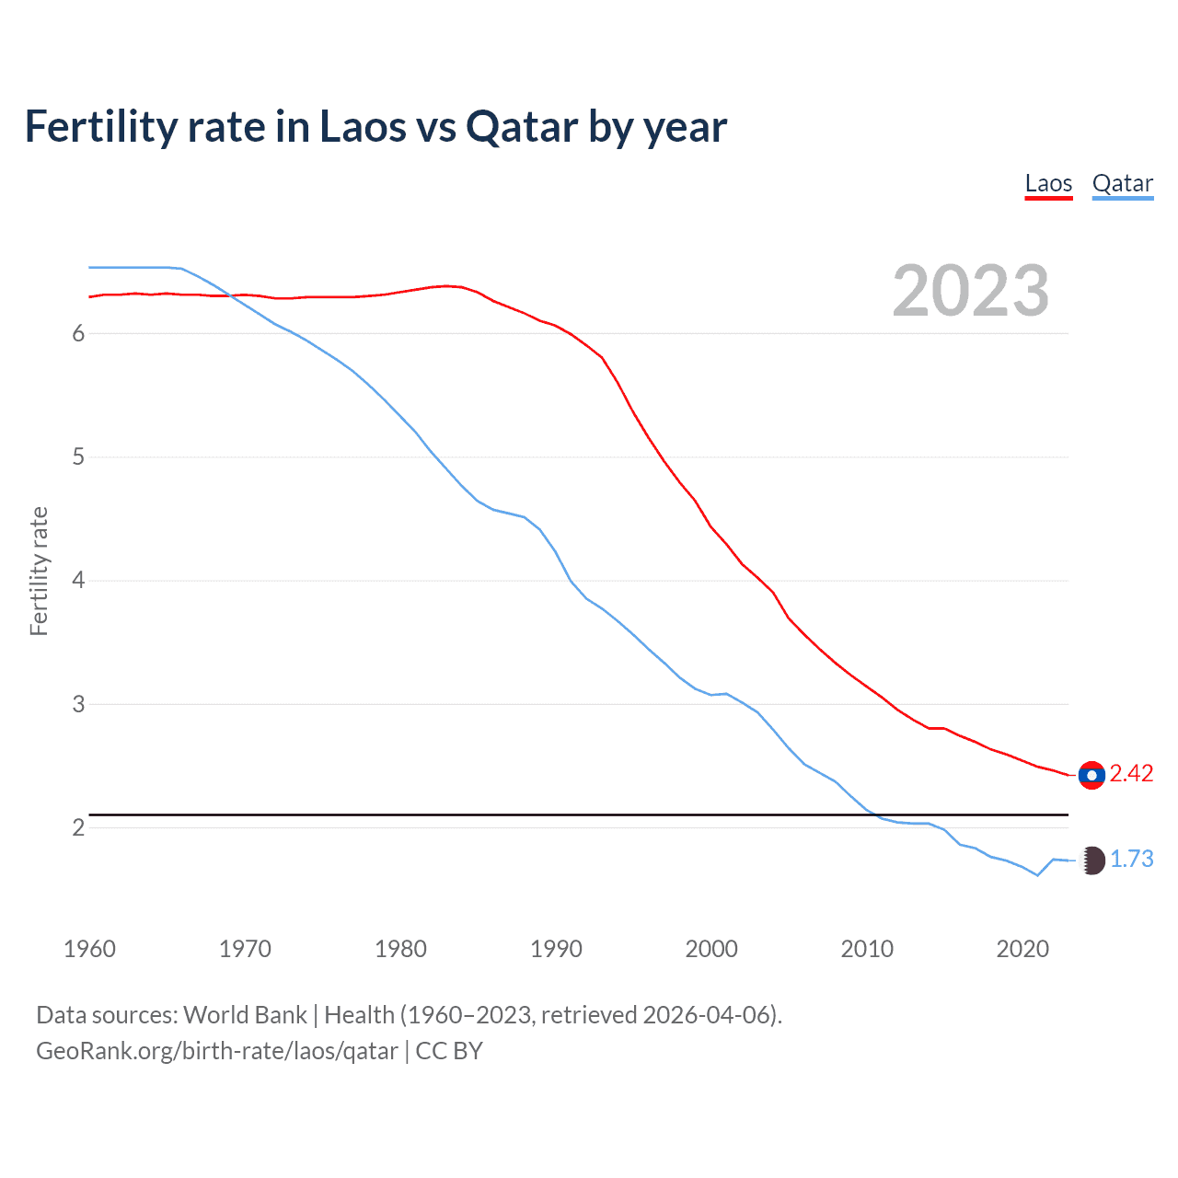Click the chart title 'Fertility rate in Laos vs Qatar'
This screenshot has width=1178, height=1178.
375,126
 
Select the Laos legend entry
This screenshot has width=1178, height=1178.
1048,183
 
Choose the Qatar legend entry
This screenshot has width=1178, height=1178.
1122,183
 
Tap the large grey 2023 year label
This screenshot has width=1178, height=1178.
970,291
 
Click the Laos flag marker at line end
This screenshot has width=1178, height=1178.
1091,775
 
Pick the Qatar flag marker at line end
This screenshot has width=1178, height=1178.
1091,860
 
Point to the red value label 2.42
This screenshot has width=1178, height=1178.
1131,774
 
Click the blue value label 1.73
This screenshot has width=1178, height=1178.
1131,859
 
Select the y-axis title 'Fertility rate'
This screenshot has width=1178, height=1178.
39,571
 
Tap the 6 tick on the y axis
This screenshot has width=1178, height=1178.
78,333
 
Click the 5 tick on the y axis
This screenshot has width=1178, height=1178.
78,456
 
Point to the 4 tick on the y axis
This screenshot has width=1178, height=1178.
78,581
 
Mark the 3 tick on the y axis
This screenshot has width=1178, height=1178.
78,704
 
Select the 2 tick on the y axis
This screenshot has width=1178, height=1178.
78,827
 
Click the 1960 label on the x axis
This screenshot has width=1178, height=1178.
89,949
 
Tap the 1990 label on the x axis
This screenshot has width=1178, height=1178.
556,949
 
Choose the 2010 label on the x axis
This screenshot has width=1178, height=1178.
867,949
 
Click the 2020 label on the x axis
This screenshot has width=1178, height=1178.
1022,949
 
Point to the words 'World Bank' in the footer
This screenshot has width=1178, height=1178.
245,1015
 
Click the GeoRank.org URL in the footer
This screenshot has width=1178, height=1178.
217,1051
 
